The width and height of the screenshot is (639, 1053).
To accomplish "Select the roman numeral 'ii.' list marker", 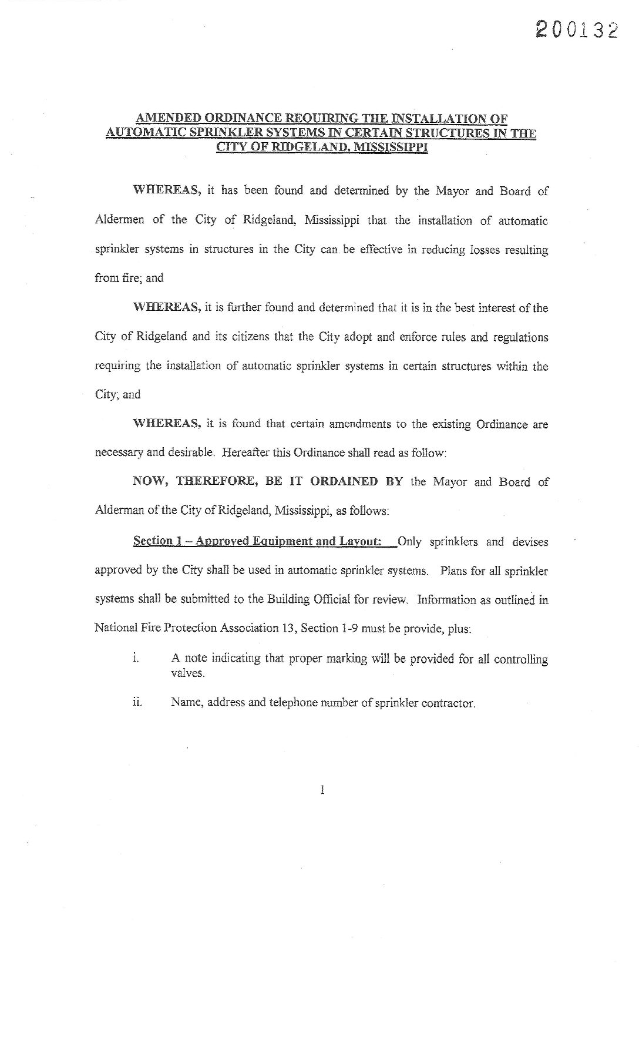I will tap(137, 702).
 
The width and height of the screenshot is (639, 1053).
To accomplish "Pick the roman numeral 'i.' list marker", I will tap(136, 659).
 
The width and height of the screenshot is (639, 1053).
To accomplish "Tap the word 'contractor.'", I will tap(448, 703).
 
